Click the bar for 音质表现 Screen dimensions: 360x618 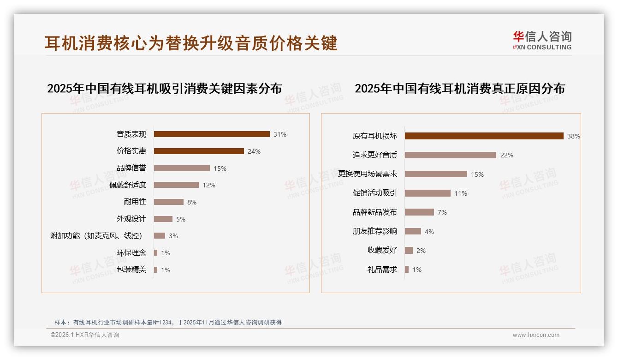coord(212,134)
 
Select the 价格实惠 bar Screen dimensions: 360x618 coord(199,151)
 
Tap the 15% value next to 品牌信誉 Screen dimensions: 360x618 coord(220,168)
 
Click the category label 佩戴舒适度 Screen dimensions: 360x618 coord(128,185)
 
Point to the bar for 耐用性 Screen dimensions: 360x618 coord(169,202)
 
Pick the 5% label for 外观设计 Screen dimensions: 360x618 coord(181,219)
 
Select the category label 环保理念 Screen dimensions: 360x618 coord(131,253)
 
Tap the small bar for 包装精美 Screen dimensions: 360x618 coord(156,270)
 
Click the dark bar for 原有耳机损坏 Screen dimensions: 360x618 coord(484,136)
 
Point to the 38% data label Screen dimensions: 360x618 coord(574,136)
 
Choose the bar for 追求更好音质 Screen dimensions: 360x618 coord(451,155)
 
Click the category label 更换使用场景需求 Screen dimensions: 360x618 coord(368,174)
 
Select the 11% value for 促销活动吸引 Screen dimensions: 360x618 coord(461,193)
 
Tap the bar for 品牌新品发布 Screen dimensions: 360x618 coord(419,212)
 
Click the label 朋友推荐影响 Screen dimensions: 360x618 coord(375,231)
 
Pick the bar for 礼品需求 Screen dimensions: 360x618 coord(407,270)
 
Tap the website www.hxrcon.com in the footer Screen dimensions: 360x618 coord(536,335)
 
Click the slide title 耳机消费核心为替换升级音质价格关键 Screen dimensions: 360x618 coord(191,42)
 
